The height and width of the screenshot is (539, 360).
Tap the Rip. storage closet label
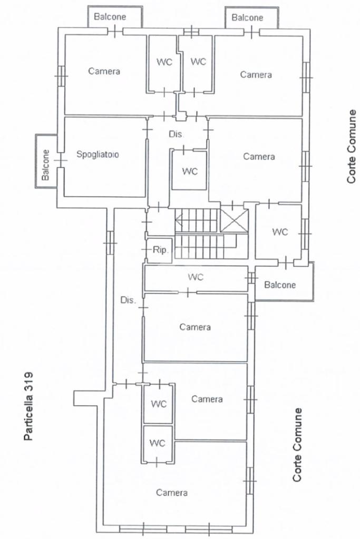click(x=160, y=250)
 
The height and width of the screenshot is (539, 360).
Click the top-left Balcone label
click(x=110, y=17)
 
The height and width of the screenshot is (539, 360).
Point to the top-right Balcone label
click(x=247, y=17)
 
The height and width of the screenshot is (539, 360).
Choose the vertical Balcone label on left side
click(x=45, y=165)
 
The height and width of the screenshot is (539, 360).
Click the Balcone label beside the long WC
click(x=280, y=285)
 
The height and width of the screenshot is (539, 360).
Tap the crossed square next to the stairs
click(x=234, y=220)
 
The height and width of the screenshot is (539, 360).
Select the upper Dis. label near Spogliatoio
click(x=176, y=134)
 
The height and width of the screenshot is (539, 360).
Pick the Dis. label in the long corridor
click(x=128, y=300)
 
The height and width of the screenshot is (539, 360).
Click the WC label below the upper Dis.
click(x=190, y=171)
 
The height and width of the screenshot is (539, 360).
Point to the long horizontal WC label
click(x=196, y=277)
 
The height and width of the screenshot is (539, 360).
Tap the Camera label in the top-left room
click(x=104, y=71)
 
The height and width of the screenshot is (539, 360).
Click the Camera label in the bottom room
click(x=172, y=493)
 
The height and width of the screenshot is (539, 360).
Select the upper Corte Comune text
click(x=352, y=146)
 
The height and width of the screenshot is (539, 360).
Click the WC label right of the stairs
click(x=280, y=232)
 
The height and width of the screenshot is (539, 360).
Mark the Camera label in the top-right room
click(x=256, y=75)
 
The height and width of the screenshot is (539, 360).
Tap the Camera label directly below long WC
click(x=195, y=327)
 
